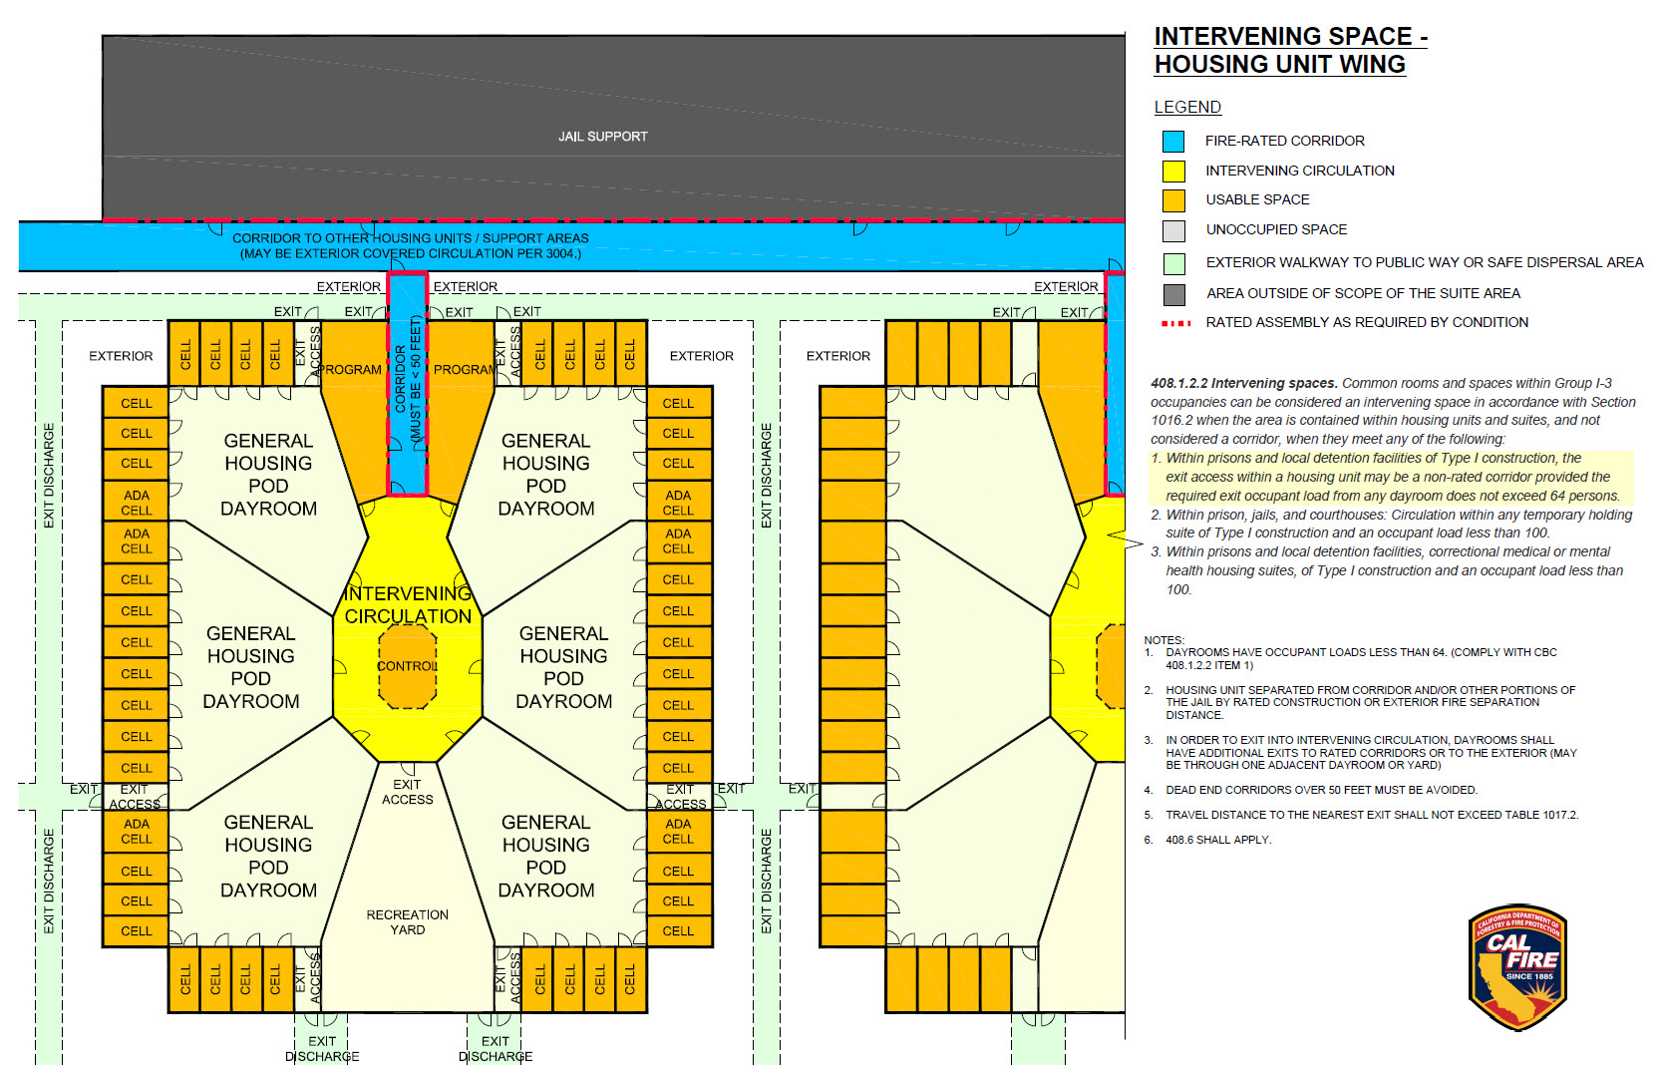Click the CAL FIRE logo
[x=1517, y=967]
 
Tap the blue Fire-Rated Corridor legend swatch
[x=1173, y=142]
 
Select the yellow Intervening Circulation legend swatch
[x=1173, y=171]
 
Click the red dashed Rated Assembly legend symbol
[x=1175, y=323]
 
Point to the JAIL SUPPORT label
[x=602, y=137]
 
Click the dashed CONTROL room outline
[x=408, y=666]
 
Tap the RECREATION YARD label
[x=407, y=922]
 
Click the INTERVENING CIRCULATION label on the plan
[x=408, y=605]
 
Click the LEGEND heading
[x=1186, y=107]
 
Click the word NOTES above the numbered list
[x=1163, y=640]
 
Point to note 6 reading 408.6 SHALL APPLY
[x=1217, y=840]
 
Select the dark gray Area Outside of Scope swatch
[x=1173, y=294]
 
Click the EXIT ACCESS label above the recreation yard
[x=407, y=792]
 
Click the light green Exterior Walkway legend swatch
[x=1173, y=263]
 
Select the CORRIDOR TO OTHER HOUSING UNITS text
[x=410, y=238]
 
